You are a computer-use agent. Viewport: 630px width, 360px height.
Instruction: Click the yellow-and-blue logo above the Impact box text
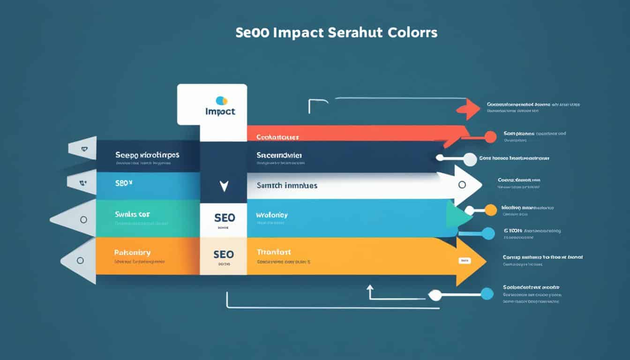coord(221,100)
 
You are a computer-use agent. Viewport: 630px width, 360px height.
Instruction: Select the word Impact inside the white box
coord(220,112)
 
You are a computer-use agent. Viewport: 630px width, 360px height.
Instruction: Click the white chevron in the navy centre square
coord(224,186)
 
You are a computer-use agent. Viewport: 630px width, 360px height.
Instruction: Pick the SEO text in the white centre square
coord(224,218)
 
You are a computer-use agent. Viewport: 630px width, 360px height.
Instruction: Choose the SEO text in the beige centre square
coord(224,254)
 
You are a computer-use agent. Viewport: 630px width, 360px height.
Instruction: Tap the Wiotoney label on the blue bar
coord(272,215)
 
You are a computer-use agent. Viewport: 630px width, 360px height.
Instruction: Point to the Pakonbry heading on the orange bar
coord(132,252)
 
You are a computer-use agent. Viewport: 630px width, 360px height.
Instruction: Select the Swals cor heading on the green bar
coord(132,214)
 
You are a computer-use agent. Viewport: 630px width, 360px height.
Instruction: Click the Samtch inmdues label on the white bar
coord(287,186)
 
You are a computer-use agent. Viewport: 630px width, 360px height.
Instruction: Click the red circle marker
coord(490,137)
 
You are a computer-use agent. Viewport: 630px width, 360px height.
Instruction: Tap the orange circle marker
coord(490,210)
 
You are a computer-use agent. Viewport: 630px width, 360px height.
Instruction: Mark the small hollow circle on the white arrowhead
coord(462,185)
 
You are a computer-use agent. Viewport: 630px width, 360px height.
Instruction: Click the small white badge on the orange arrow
coord(465,260)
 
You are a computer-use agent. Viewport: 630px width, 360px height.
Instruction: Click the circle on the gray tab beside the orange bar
coord(80,260)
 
